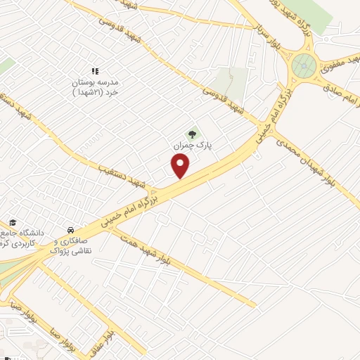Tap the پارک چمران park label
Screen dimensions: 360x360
(192, 145)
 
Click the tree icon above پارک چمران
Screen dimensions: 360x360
(192, 134)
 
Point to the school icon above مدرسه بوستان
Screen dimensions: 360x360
(95, 71)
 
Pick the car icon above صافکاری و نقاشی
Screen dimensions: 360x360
(70, 230)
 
